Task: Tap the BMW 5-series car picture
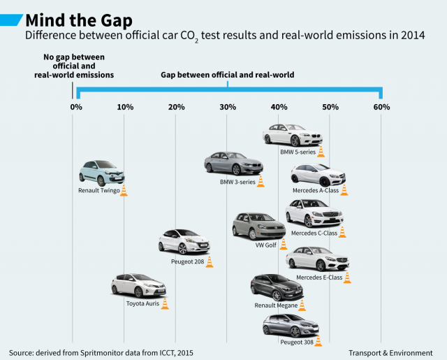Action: (292, 134)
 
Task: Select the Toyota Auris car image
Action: (138, 286)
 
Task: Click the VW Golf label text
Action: (266, 245)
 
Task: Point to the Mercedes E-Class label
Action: (319, 278)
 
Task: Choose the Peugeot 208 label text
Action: (187, 261)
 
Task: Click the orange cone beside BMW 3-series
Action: (261, 181)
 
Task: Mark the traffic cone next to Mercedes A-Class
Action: (344, 189)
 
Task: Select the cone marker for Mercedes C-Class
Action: (342, 231)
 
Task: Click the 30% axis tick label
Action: (228, 107)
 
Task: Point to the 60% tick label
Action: (381, 107)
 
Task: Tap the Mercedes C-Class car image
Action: (314, 213)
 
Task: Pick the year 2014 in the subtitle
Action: (410, 34)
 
